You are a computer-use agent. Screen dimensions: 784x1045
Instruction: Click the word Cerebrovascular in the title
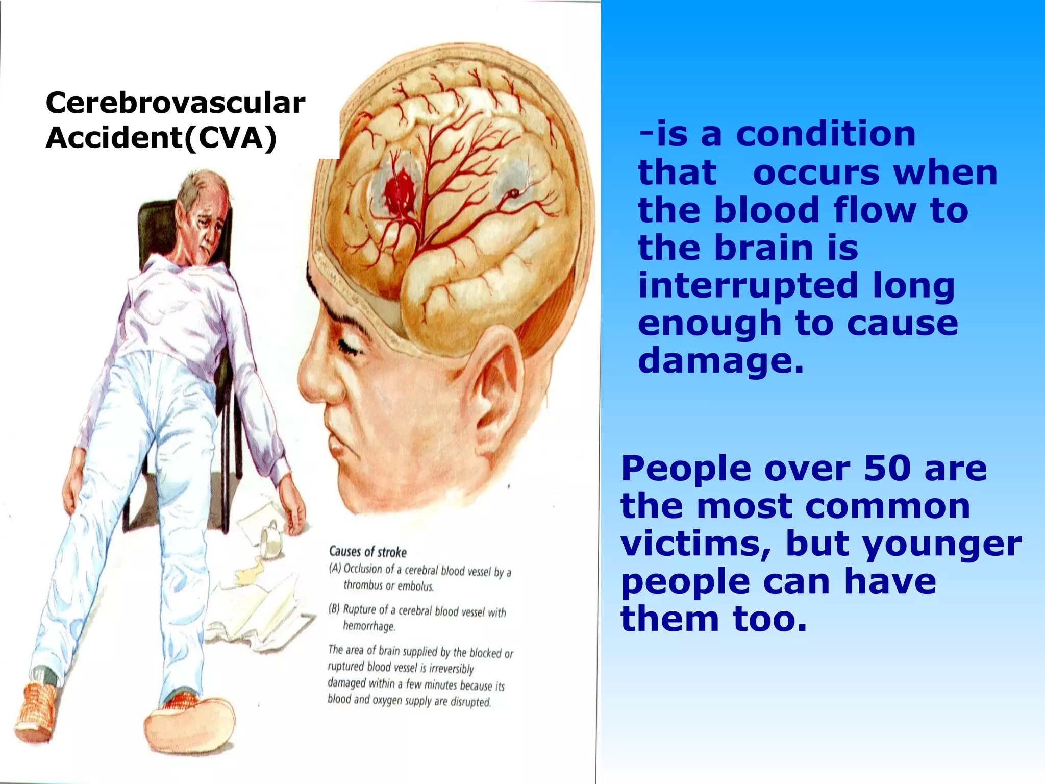pos(175,103)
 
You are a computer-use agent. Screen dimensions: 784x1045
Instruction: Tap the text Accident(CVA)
pos(161,138)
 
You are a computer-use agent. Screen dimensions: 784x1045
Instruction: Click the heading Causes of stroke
pos(367,552)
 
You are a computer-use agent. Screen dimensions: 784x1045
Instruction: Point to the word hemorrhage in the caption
pos(369,626)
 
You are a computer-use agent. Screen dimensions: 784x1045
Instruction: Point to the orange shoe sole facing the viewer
pos(189,720)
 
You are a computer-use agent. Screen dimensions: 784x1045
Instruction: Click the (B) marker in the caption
pos(335,609)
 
